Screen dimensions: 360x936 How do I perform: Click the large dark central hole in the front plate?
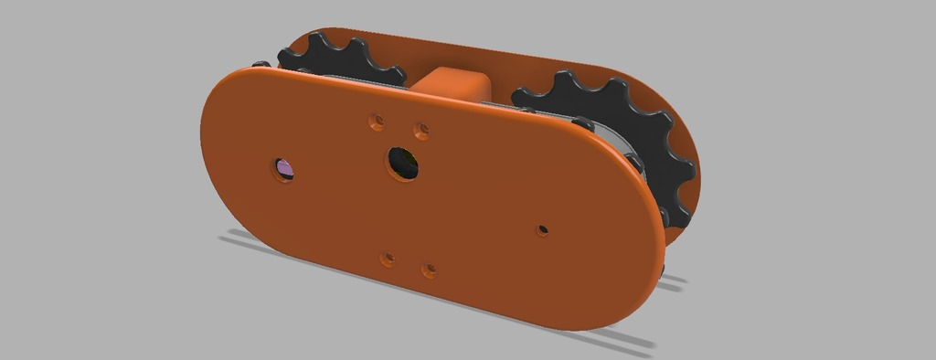402,163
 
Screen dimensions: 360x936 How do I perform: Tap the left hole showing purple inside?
284,169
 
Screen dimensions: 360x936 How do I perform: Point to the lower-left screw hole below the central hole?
388,259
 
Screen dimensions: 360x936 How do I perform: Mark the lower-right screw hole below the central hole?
429,270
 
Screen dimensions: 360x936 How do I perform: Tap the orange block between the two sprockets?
453,82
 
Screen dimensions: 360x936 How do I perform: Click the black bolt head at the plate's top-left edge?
261,64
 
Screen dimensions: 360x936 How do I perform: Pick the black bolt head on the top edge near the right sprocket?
580,121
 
